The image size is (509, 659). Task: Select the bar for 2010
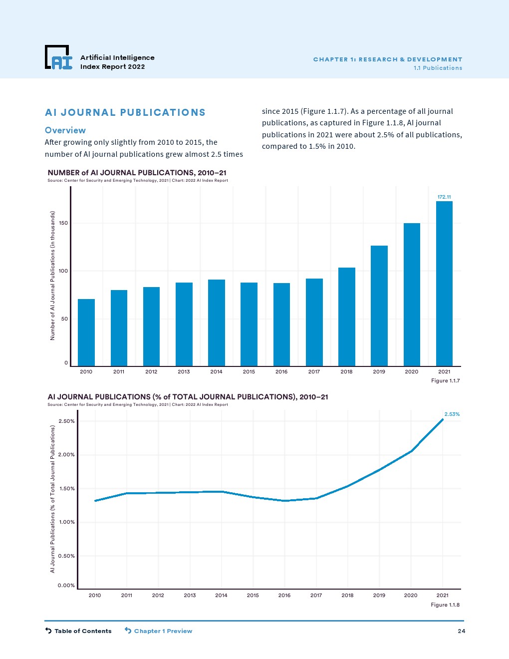pos(86,332)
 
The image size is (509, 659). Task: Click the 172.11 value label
pos(444,197)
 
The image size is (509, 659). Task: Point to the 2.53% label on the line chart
pos(452,414)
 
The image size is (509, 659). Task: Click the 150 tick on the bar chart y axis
pos(63,223)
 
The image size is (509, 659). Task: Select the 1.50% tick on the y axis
pos(67,489)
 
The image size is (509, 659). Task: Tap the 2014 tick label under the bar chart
pos(216,371)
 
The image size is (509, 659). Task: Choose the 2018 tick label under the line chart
pos(347,595)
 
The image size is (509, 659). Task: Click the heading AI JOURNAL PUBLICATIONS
pos(125,113)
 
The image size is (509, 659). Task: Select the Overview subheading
pos(65,130)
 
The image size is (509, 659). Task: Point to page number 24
pos(461,631)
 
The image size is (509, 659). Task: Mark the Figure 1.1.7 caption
pos(445,381)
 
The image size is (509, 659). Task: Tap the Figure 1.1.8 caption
pos(445,605)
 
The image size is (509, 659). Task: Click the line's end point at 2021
pos(442,420)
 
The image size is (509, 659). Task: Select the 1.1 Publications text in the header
pos(438,68)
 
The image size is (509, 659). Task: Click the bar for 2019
pos(379,306)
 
